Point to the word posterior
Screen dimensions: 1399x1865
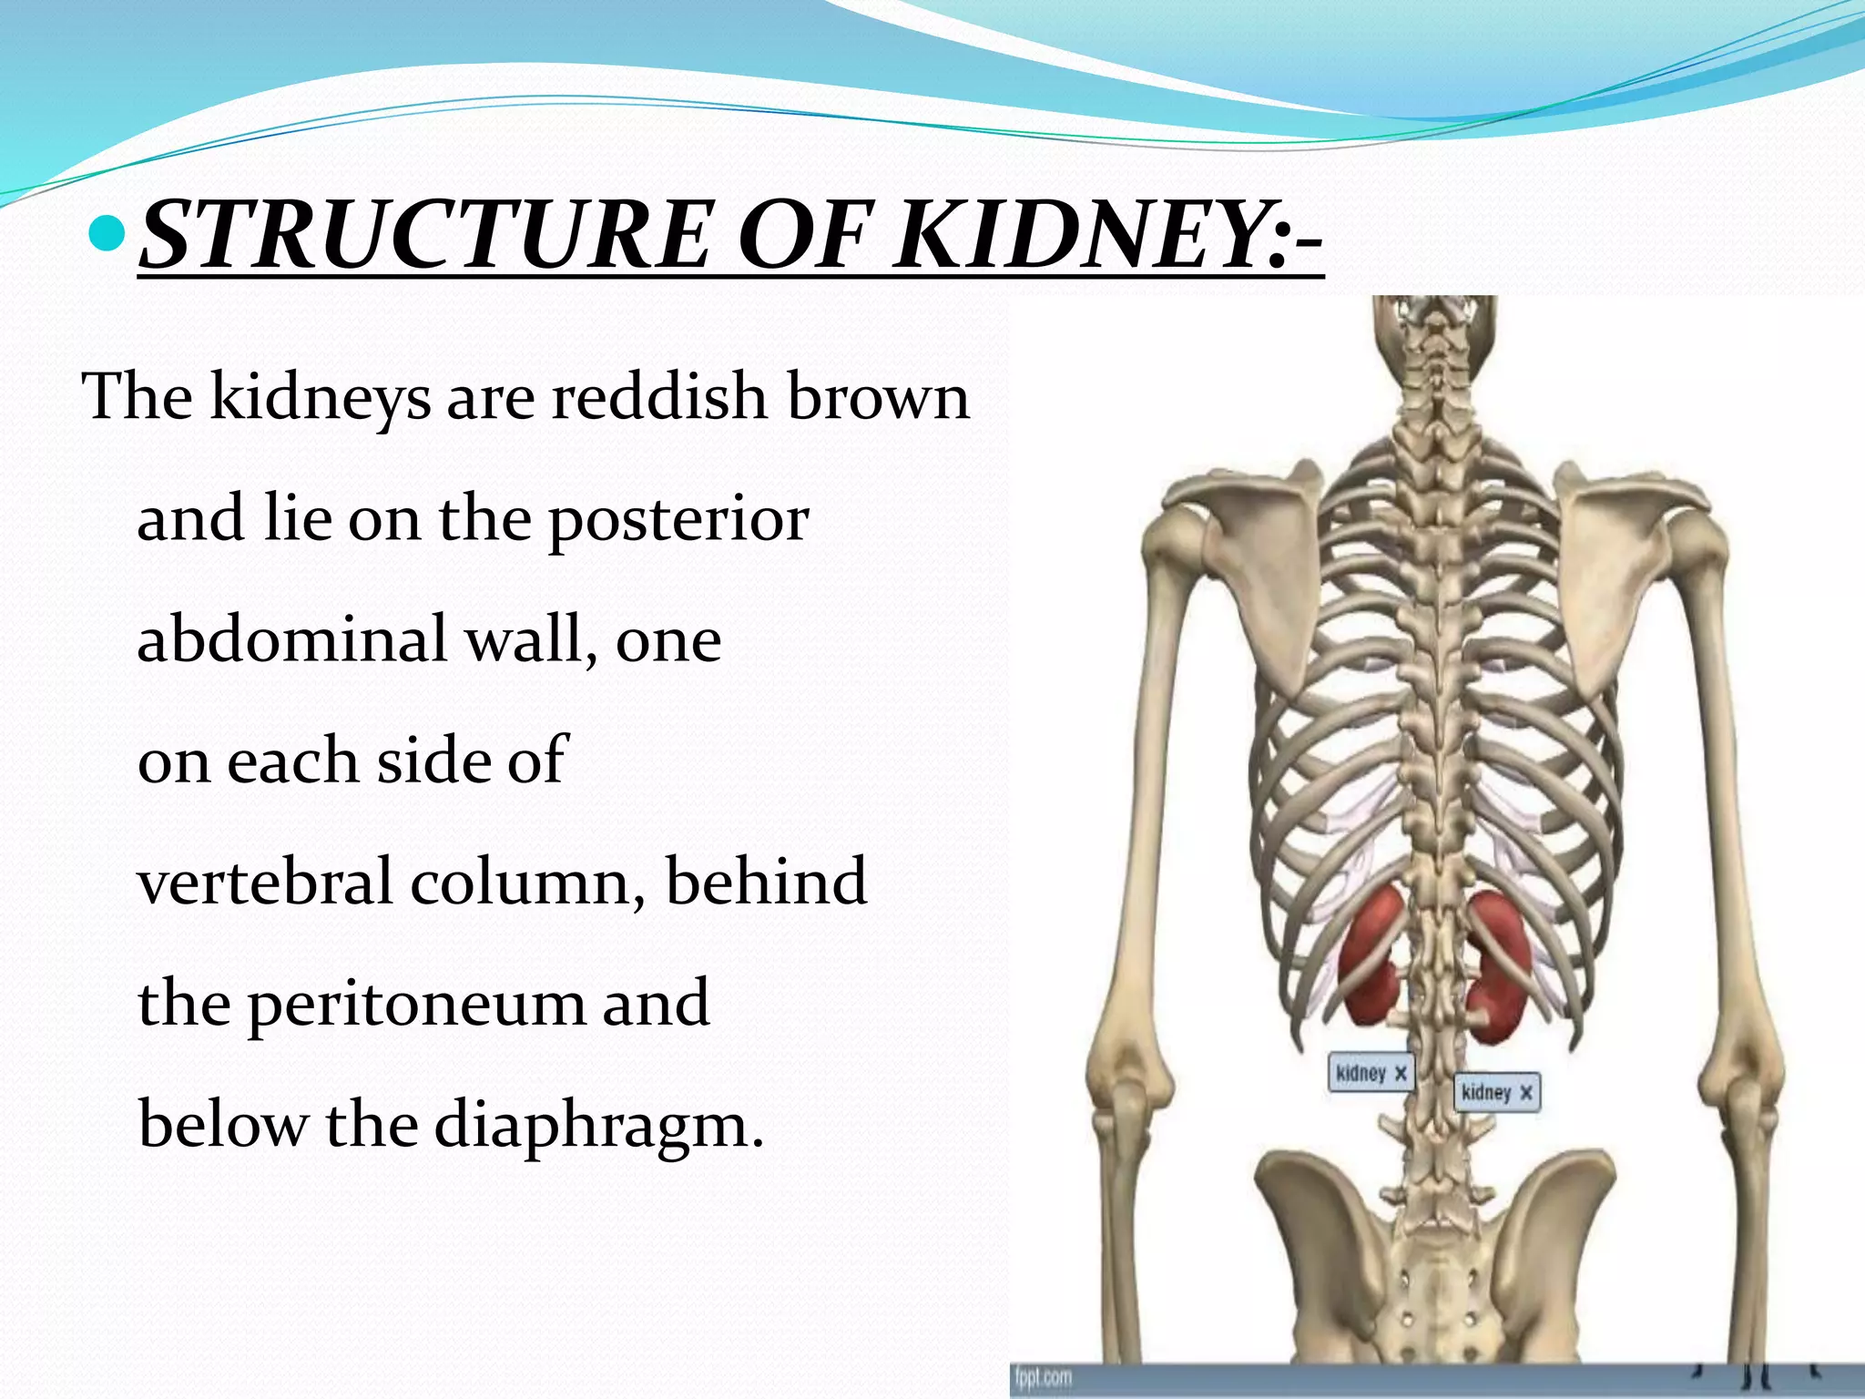(x=678, y=519)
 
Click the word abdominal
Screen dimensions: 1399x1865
(x=291, y=638)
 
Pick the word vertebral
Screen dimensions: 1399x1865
(x=264, y=881)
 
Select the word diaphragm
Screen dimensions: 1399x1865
(x=597, y=1126)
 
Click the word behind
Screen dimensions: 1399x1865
(x=766, y=881)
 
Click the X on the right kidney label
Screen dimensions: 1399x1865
(x=1525, y=1092)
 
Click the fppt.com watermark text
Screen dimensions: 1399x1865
(x=1044, y=1377)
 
